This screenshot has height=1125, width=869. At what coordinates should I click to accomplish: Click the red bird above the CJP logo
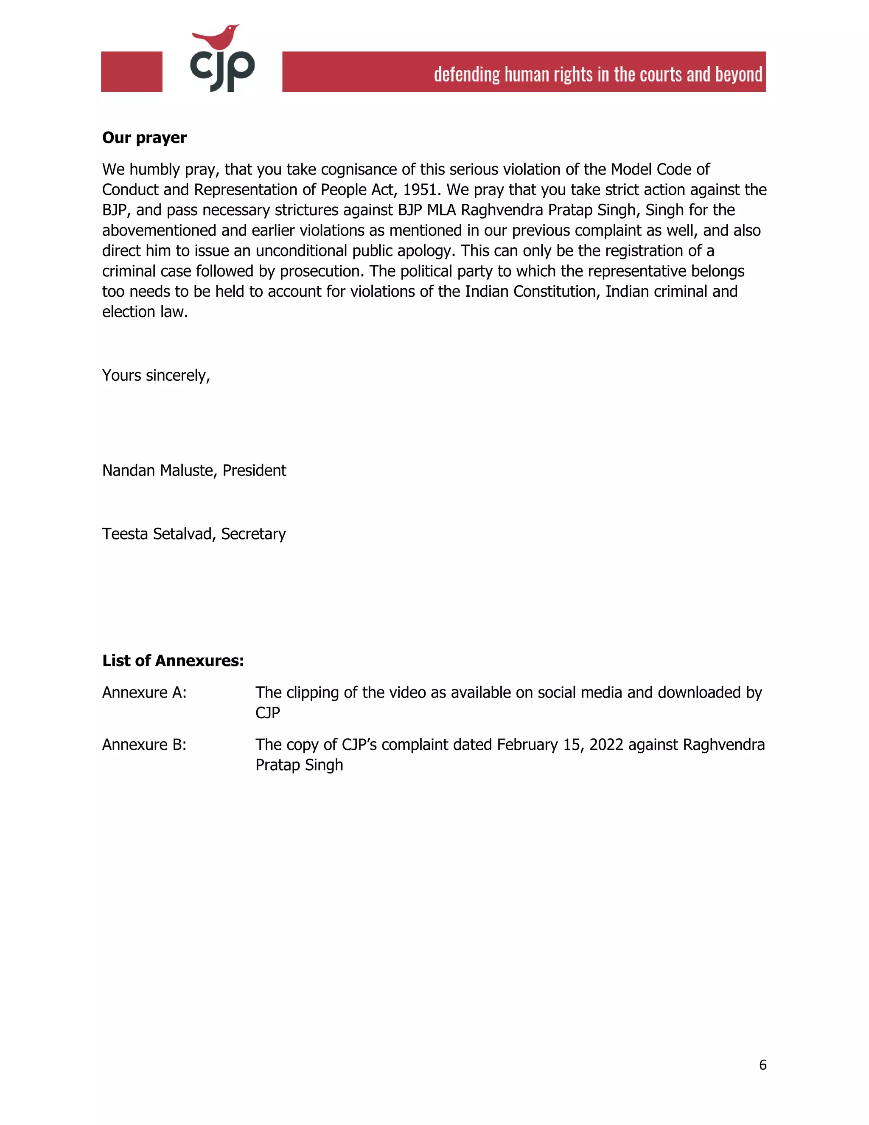[217, 37]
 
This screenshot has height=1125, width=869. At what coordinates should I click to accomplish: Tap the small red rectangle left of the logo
[132, 72]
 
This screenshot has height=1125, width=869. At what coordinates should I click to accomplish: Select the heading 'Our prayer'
[144, 138]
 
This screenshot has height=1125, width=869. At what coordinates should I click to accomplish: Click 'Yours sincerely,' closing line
[156, 376]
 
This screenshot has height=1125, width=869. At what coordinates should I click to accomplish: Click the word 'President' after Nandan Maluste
[254, 470]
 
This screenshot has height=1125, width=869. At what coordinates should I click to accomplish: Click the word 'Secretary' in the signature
[253, 534]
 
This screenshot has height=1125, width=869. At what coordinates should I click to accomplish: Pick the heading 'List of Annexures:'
[173, 661]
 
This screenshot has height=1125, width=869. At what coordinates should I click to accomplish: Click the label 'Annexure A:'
[144, 693]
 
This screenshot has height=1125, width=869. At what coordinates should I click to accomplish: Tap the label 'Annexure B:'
[144, 745]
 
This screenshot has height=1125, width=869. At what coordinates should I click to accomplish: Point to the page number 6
[762, 1065]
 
